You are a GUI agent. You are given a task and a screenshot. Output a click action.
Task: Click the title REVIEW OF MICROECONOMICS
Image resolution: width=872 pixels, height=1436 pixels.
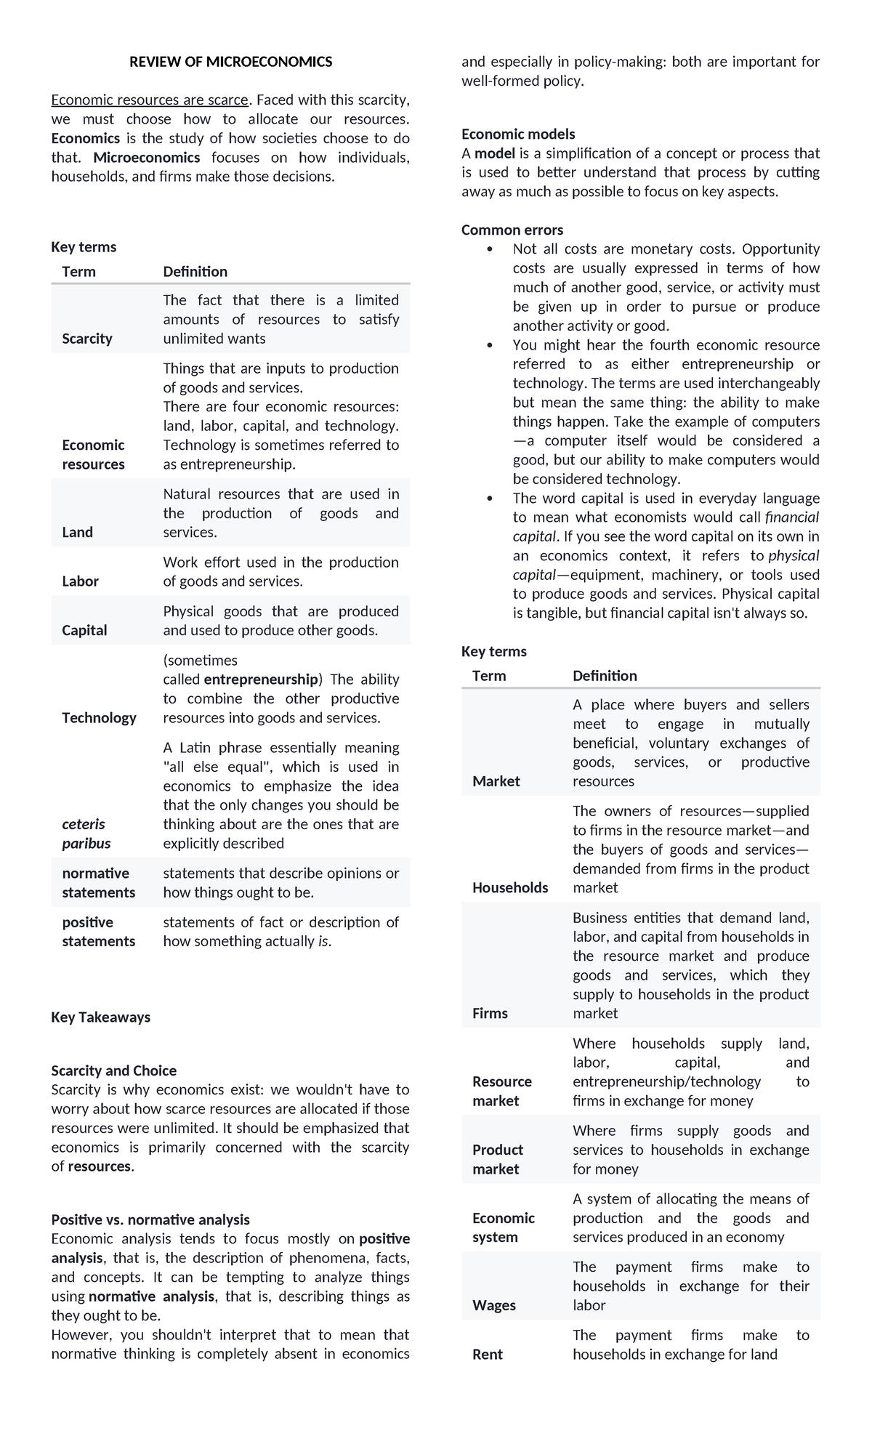[230, 62]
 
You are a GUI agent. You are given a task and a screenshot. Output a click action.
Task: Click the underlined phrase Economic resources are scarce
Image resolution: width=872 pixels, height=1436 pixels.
[149, 100]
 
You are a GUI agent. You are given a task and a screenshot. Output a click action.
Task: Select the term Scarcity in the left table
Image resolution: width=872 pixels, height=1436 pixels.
[87, 339]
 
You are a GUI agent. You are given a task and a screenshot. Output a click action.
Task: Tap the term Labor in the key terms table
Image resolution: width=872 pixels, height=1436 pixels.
[81, 581]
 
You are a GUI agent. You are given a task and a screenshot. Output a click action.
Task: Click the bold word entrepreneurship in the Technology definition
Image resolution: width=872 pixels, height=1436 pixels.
[262, 679]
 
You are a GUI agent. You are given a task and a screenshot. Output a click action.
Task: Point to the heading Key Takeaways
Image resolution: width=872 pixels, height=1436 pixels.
[100, 1017]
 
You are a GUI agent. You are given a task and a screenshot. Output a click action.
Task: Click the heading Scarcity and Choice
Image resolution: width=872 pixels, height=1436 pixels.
[113, 1070]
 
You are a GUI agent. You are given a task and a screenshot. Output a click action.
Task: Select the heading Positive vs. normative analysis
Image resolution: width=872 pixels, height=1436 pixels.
[150, 1219]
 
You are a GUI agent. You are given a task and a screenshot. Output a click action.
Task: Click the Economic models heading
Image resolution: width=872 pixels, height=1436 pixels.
[518, 134]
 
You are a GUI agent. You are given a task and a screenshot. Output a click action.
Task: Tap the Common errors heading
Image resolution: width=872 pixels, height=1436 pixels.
[512, 230]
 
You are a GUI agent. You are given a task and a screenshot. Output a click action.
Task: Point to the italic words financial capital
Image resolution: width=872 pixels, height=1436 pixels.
[791, 517]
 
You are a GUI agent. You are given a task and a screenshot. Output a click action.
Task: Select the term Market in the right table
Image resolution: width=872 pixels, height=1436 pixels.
[496, 781]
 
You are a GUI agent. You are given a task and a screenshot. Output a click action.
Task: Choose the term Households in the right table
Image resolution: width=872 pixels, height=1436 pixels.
[510, 887]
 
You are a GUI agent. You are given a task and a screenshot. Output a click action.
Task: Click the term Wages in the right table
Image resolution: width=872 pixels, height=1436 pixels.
[494, 1305]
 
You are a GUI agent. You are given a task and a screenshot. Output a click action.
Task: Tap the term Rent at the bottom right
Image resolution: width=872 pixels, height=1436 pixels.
[487, 1355]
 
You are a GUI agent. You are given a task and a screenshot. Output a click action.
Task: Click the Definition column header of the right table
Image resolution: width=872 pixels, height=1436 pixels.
[605, 676]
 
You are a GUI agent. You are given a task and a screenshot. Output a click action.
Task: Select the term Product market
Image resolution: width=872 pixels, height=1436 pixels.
[497, 1159]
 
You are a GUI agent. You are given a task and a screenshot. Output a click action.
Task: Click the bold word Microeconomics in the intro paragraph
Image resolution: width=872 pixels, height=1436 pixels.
[147, 158]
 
